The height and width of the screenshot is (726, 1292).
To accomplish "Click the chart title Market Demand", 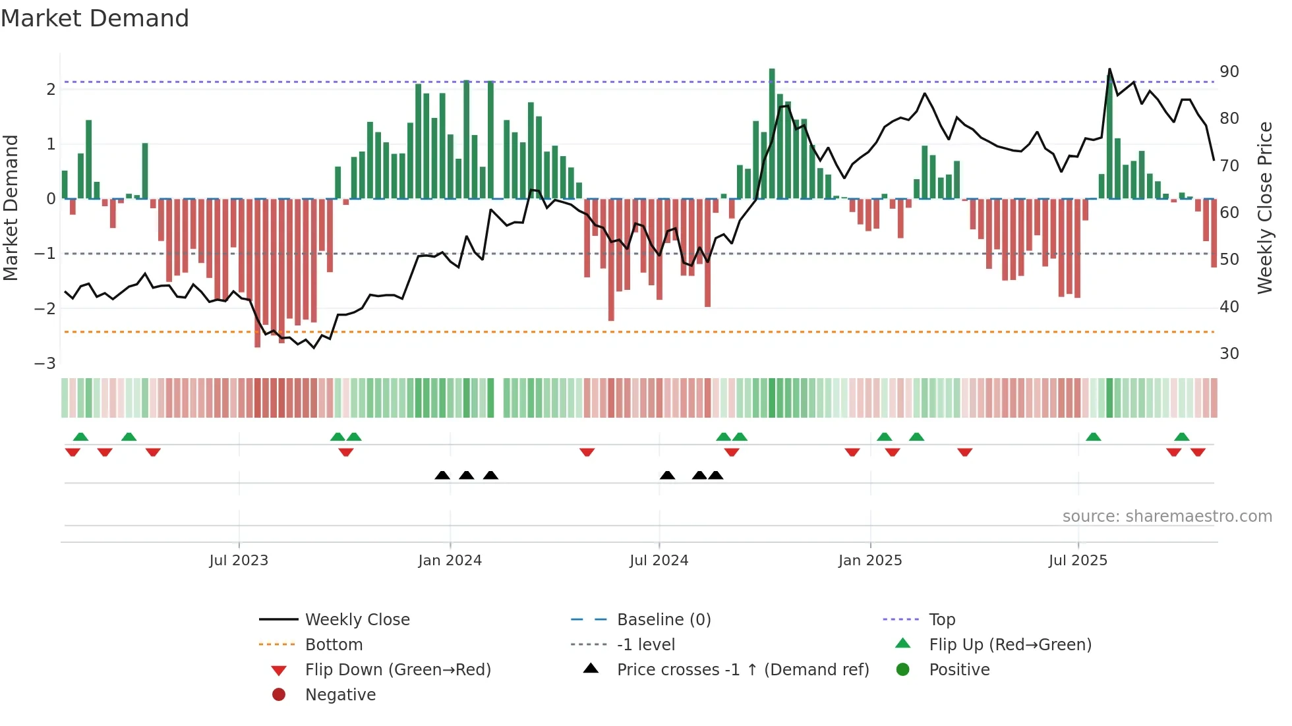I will [95, 18].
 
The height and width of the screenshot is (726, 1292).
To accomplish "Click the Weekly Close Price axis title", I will [1264, 208].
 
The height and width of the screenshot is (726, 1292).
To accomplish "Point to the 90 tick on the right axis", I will [1229, 71].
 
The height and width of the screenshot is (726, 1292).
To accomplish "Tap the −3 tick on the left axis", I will [45, 363].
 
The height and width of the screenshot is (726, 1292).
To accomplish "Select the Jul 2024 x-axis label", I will [659, 560].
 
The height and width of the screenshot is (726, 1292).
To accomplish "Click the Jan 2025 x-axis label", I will [869, 560].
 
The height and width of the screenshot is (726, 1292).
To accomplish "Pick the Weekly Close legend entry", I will [357, 619].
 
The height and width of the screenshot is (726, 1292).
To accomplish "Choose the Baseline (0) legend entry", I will [663, 619].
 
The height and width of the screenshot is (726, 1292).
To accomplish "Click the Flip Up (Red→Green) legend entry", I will [1010, 644].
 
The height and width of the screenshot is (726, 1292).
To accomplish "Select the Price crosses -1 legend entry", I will [742, 669].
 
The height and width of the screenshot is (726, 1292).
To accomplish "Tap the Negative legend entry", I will [340, 694].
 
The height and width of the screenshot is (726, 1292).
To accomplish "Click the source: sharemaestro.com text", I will [1167, 516].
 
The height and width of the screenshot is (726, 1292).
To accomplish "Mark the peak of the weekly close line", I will [1109, 69].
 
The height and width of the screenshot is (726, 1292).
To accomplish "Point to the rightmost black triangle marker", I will [716, 475].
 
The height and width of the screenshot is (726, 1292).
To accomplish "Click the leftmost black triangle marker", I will [442, 475].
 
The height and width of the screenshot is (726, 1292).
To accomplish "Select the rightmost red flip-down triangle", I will [1198, 452].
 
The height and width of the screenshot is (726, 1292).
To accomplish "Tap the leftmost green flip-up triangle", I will [80, 437].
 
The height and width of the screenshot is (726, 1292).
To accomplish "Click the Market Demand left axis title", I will [11, 208].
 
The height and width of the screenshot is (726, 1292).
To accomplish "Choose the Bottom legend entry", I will [334, 644].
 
